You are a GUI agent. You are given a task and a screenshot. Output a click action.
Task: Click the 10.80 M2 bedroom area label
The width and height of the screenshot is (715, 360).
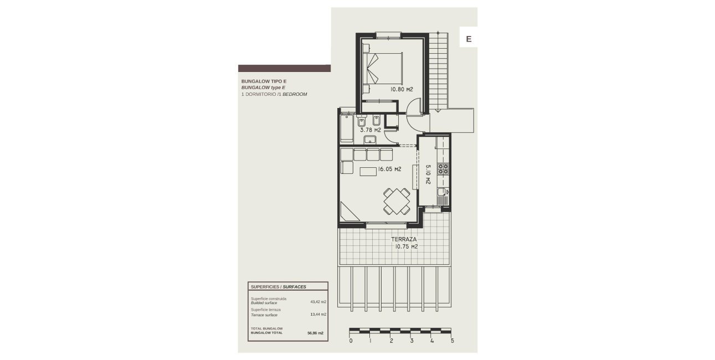pyautogui.click(x=402, y=89)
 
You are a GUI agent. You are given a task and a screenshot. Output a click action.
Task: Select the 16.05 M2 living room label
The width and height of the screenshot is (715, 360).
pyautogui.click(x=389, y=169)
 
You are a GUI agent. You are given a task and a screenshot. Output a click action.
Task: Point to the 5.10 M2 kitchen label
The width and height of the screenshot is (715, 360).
pyautogui.click(x=428, y=176)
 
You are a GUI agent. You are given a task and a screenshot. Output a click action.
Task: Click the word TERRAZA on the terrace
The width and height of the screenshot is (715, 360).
pyautogui.click(x=404, y=239)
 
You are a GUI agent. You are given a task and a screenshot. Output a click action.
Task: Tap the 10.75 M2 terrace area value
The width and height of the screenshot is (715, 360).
pyautogui.click(x=405, y=247)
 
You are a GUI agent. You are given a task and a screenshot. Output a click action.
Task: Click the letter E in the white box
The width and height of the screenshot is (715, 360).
pyautogui.click(x=468, y=39)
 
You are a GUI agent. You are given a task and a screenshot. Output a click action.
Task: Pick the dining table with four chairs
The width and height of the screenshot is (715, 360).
pyautogui.click(x=397, y=201)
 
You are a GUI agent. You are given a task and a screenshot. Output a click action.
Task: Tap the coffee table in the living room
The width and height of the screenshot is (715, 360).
pyautogui.click(x=368, y=172)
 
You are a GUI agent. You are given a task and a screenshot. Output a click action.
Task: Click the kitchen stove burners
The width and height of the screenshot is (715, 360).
pyautogui.click(x=443, y=168)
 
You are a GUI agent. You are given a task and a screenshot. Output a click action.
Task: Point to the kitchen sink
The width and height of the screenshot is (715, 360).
pyautogui.click(x=442, y=194)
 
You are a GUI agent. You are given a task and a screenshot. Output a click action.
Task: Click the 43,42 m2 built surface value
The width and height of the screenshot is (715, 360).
pyautogui.click(x=318, y=302)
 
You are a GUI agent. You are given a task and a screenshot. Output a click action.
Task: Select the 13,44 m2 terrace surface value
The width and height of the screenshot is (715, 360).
pyautogui.click(x=318, y=314)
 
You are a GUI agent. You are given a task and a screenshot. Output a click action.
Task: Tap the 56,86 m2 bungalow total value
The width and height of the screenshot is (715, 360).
pyautogui.click(x=315, y=333)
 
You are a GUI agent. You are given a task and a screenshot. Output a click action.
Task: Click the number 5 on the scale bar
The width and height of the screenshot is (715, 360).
pyautogui.click(x=452, y=341)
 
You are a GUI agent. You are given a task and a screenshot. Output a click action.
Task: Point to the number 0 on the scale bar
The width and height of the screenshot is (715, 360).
pyautogui.click(x=351, y=341)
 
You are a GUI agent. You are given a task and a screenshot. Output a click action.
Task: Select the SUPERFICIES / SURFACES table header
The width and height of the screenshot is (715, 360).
pyautogui.click(x=279, y=287)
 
